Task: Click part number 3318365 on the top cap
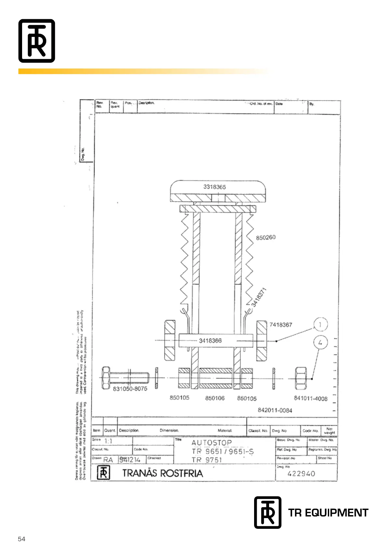click(214, 187)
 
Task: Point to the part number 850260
click(265, 237)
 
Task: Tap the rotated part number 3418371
click(259, 297)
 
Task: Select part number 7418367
click(281, 324)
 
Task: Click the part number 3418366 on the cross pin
click(210, 340)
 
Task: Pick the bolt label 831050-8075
click(130, 389)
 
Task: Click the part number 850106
click(215, 398)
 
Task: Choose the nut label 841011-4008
click(311, 399)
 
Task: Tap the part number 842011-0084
click(275, 410)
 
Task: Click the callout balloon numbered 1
click(320, 324)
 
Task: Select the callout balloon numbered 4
click(320, 342)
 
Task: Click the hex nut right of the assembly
click(301, 378)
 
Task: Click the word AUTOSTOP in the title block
click(212, 442)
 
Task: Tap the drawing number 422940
click(301, 474)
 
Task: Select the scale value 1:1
click(108, 441)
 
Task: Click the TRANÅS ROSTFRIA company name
click(162, 473)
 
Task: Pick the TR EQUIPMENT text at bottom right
click(328, 513)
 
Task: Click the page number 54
click(21, 539)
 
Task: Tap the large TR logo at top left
click(37, 41)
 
